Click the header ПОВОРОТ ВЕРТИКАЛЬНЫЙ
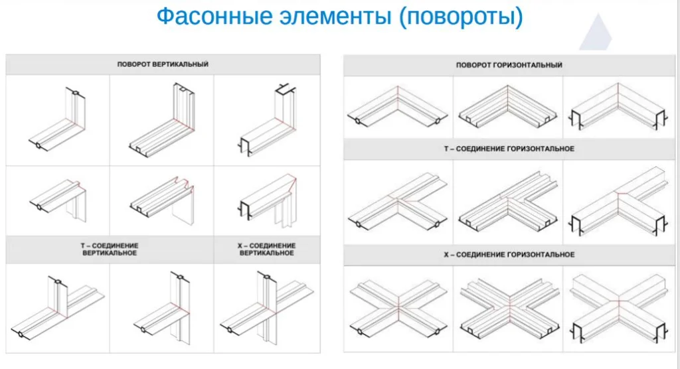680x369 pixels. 163,64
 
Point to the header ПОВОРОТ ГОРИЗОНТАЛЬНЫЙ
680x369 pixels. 509,65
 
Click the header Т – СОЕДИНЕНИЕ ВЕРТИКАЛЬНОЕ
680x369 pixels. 110,250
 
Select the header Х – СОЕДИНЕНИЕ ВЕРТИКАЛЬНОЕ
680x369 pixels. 266,250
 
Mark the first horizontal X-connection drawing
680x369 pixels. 397,305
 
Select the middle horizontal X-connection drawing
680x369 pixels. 507,305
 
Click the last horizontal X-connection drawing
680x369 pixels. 618,305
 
